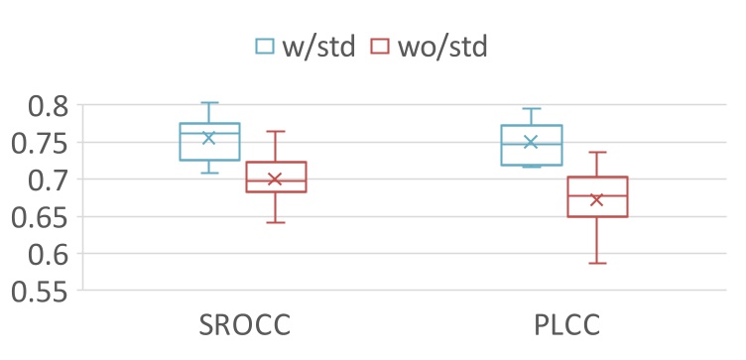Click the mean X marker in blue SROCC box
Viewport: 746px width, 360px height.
[x=209, y=138]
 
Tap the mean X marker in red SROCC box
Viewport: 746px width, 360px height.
[x=276, y=180]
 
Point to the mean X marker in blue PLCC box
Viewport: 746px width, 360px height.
[x=531, y=142]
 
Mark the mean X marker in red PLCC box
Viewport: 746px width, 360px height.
[x=597, y=200]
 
